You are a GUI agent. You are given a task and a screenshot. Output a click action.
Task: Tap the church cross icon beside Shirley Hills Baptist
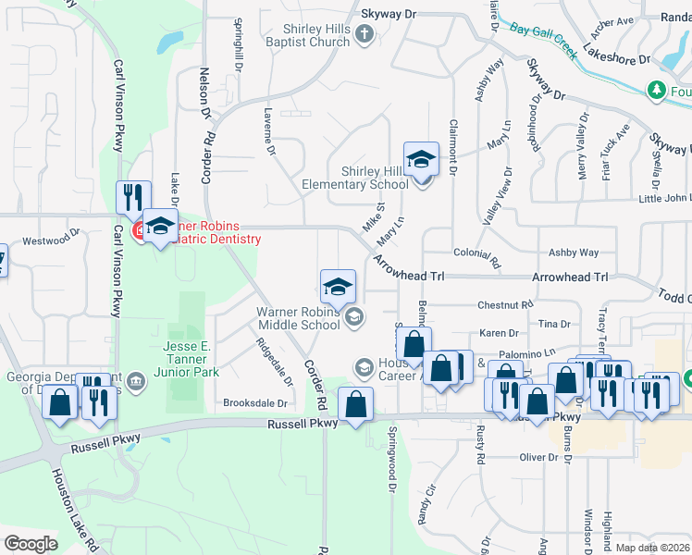[364, 35]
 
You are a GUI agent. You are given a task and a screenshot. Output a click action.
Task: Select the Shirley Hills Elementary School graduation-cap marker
[421, 159]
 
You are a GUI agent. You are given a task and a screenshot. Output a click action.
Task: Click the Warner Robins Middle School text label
[298, 318]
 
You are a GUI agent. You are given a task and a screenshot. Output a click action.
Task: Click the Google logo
[31, 543]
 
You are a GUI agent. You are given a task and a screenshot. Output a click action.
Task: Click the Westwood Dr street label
[45, 241]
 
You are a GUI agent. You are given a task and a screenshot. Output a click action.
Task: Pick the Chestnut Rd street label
[506, 304]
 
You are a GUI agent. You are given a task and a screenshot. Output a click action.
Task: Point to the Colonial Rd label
[476, 253]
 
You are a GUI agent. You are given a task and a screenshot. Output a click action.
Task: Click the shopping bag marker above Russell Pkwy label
[356, 404]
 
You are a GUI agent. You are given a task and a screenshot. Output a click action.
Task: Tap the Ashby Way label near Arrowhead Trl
[574, 253]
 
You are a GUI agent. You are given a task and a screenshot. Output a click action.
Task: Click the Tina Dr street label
[554, 324]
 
